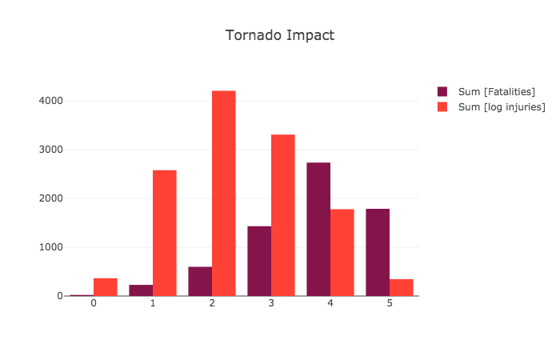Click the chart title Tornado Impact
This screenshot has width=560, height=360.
[x=279, y=35]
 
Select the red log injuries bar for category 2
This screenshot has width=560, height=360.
[x=224, y=193]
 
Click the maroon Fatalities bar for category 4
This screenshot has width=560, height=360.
[x=318, y=229]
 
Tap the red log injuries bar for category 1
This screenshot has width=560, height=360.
[x=165, y=233]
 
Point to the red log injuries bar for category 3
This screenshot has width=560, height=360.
[x=283, y=215]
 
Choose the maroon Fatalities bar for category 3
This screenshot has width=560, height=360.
[x=259, y=261]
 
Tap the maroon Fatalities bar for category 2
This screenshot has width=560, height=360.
[x=200, y=281]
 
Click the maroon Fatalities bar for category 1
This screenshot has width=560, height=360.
[x=141, y=290]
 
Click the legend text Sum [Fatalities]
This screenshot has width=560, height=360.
[x=496, y=92]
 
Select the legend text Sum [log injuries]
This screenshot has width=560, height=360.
[x=501, y=107]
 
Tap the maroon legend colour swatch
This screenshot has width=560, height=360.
[x=442, y=92]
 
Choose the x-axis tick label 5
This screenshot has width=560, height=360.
[x=390, y=304]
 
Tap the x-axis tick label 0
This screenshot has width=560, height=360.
[x=94, y=304]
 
